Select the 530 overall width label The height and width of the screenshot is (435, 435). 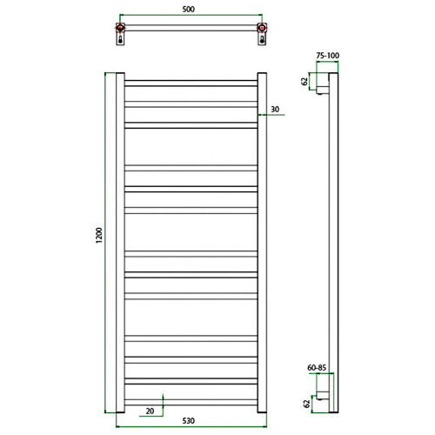(190, 423)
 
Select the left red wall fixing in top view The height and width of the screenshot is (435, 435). (119, 37)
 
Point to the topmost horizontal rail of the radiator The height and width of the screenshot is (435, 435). (190, 84)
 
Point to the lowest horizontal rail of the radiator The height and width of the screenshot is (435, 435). (190, 401)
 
